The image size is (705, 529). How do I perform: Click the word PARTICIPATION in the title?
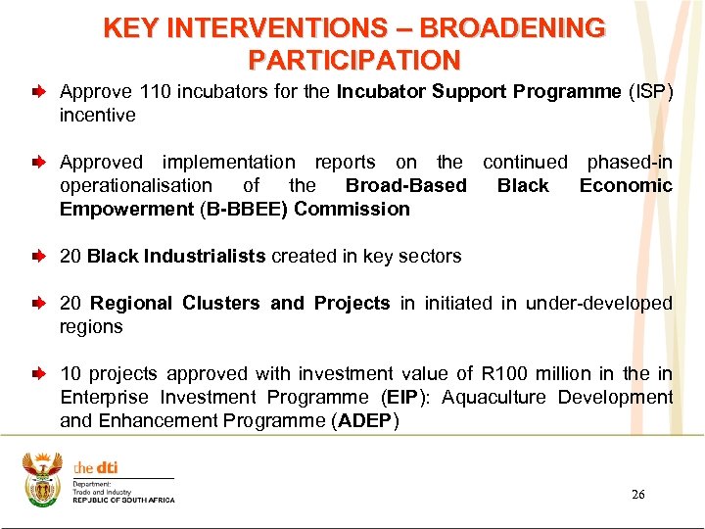point(353,60)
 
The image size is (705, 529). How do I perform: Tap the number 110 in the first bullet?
point(155,91)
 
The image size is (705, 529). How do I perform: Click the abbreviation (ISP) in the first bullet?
point(650,91)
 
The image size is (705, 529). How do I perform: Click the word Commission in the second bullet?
point(352,209)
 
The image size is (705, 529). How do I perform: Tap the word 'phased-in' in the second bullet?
point(629,162)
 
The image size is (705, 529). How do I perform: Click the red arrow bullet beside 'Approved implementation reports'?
point(37,163)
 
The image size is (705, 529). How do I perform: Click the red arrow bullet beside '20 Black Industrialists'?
point(37,257)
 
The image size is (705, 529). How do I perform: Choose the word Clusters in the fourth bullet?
point(225,303)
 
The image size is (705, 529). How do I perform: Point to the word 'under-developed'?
point(598,303)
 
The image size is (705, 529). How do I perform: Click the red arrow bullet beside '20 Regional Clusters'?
point(37,304)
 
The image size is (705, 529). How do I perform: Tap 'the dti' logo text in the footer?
point(96,467)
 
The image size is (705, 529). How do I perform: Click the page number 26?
point(637,495)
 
